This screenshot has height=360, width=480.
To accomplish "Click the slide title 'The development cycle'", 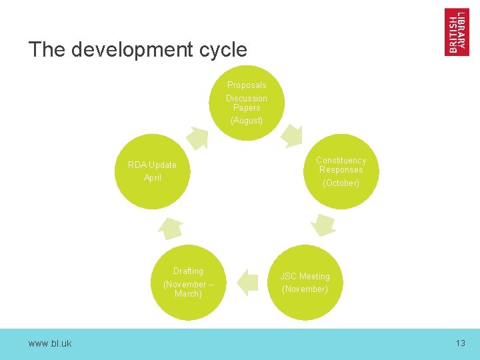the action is click(137, 50).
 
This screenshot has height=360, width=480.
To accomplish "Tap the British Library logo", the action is click(457, 31).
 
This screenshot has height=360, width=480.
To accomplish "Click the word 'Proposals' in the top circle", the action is click(247, 85).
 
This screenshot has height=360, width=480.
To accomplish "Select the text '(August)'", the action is click(247, 121).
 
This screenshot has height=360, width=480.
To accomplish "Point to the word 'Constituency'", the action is click(341, 161).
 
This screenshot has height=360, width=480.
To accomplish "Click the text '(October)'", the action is click(341, 183).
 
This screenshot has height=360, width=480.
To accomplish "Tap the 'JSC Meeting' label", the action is click(305, 277).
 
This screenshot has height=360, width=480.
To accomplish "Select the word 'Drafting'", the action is click(188, 271).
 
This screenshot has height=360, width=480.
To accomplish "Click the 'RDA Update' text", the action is click(152, 165).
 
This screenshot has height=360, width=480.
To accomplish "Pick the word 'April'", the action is click(153, 178).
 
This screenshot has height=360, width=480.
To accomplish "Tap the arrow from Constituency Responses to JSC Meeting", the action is click(323, 225).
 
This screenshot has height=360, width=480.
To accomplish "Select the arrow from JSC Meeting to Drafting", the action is click(248, 282).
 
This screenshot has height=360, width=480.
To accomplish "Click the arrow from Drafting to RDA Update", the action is click(170, 227).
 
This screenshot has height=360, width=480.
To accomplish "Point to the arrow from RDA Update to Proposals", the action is click(197, 137).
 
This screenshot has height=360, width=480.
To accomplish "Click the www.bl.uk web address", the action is click(50, 343).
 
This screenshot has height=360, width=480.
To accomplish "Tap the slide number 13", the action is click(460, 343).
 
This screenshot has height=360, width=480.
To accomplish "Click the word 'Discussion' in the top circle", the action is click(247, 99).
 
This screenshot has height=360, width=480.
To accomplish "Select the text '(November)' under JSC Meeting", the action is click(305, 289).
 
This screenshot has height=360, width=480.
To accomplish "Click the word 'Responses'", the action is click(341, 170).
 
